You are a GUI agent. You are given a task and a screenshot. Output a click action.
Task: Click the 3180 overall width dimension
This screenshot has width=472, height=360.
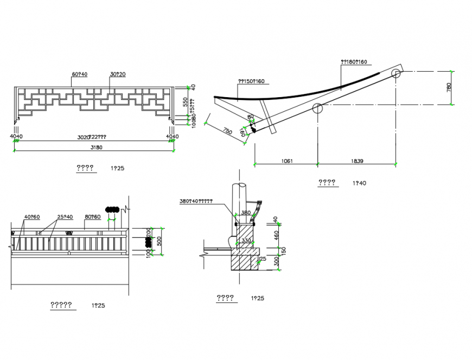pos(95,147)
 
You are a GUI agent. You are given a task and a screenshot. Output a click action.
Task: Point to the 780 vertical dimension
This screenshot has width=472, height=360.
pos(449,87)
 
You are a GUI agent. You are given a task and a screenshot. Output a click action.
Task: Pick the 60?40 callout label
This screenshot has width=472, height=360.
pos(79,74)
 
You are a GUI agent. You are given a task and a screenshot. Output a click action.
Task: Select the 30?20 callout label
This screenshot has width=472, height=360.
pos(118,74)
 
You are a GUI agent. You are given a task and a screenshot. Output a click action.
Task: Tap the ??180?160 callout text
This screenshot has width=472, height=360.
pos(353,62)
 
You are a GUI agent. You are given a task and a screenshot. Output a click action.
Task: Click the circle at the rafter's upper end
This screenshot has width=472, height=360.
pos(396,72)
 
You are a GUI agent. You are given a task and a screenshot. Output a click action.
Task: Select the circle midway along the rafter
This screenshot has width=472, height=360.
pos(317,108)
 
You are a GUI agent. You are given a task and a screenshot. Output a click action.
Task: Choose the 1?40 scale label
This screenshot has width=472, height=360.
pos(359,184)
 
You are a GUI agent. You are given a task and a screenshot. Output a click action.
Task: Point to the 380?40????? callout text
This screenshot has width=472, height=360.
pos(195,201)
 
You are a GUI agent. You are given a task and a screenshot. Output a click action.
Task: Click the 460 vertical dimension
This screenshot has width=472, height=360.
pos(276,235)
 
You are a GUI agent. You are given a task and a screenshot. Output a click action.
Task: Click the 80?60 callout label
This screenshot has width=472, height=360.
pos(93,217)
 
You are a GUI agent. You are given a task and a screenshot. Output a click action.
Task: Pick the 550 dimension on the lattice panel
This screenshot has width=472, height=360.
pos(185,102)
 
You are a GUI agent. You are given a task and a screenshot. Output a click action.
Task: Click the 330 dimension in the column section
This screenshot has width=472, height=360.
pos(246,241)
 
